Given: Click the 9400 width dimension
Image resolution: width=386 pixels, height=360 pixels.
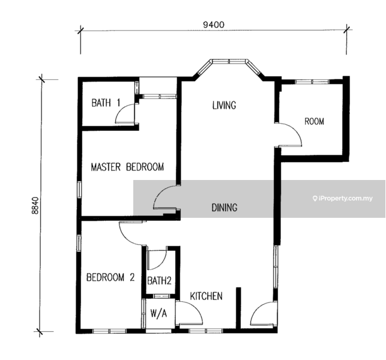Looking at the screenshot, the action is [214, 25].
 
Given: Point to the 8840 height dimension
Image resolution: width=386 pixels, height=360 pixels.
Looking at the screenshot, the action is [35, 205].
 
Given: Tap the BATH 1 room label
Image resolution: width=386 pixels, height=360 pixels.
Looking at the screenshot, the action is [106, 103].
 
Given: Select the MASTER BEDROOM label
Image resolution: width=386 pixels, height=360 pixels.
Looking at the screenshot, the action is [127, 167].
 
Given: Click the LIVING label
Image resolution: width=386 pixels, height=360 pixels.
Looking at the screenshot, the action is [224, 106].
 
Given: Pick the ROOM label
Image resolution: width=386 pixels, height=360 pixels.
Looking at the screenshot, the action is [314, 121].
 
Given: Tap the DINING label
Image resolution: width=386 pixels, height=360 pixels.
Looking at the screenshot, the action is [225, 208].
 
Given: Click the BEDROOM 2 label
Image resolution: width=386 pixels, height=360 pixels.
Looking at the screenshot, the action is [110, 277].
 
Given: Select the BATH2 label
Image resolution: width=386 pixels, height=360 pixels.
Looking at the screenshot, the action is [159, 281].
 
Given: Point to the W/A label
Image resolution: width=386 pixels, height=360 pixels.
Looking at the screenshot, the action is [158, 313].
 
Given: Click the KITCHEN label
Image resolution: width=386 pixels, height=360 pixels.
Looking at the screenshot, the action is [206, 296].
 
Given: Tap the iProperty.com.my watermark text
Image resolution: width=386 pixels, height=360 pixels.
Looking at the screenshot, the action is [343, 199].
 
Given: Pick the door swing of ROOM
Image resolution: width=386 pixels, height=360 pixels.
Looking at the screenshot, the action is [289, 134].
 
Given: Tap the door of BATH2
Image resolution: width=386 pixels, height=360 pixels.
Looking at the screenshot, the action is [157, 260].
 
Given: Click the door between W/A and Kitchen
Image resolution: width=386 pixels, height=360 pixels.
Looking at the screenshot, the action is [189, 313].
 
